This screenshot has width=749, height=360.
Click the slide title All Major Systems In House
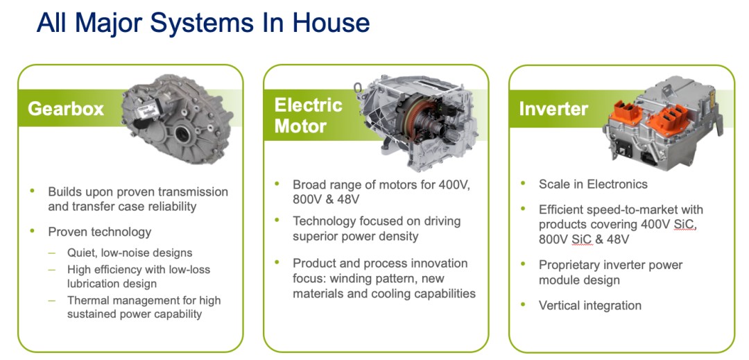(x=203, y=22)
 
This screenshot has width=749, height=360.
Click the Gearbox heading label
(x=66, y=109)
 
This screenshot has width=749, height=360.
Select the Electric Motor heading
(x=308, y=116)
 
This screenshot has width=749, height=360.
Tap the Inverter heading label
(x=553, y=109)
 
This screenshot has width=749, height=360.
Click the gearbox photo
(x=177, y=119)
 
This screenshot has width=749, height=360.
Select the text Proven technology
(x=99, y=232)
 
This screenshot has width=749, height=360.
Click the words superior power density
(x=355, y=236)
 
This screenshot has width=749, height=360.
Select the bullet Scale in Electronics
(x=593, y=185)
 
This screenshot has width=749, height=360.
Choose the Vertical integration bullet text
(x=590, y=306)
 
